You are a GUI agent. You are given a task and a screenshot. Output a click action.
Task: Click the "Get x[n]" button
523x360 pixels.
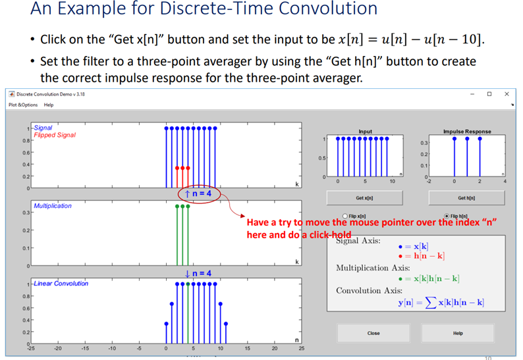[x=365, y=197]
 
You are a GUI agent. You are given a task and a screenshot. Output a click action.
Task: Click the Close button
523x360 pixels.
[x=373, y=333]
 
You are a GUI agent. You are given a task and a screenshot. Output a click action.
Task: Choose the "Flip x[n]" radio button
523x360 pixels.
[x=346, y=216]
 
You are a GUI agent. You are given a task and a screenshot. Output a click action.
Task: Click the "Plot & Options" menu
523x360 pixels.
[x=23, y=105]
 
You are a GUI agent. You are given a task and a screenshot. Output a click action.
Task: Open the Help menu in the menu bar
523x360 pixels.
[x=49, y=105]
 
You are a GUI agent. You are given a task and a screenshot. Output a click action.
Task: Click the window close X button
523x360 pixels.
[x=507, y=94]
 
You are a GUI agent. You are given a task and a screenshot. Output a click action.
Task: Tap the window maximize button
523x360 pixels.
[x=489, y=94]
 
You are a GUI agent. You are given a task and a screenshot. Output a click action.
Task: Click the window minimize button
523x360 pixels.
[x=472, y=94]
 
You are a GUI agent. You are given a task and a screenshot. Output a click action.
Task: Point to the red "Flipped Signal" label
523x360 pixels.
[x=55, y=135]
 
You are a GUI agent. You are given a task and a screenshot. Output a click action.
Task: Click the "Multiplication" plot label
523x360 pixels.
[x=53, y=206]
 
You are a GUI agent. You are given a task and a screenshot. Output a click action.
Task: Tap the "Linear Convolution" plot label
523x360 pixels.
[x=61, y=284]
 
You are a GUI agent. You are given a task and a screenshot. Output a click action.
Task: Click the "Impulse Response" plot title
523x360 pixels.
[x=467, y=132]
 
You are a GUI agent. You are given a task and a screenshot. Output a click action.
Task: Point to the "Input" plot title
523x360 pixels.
[x=365, y=132]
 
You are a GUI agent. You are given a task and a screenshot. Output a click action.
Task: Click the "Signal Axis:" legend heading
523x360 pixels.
[x=358, y=241]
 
